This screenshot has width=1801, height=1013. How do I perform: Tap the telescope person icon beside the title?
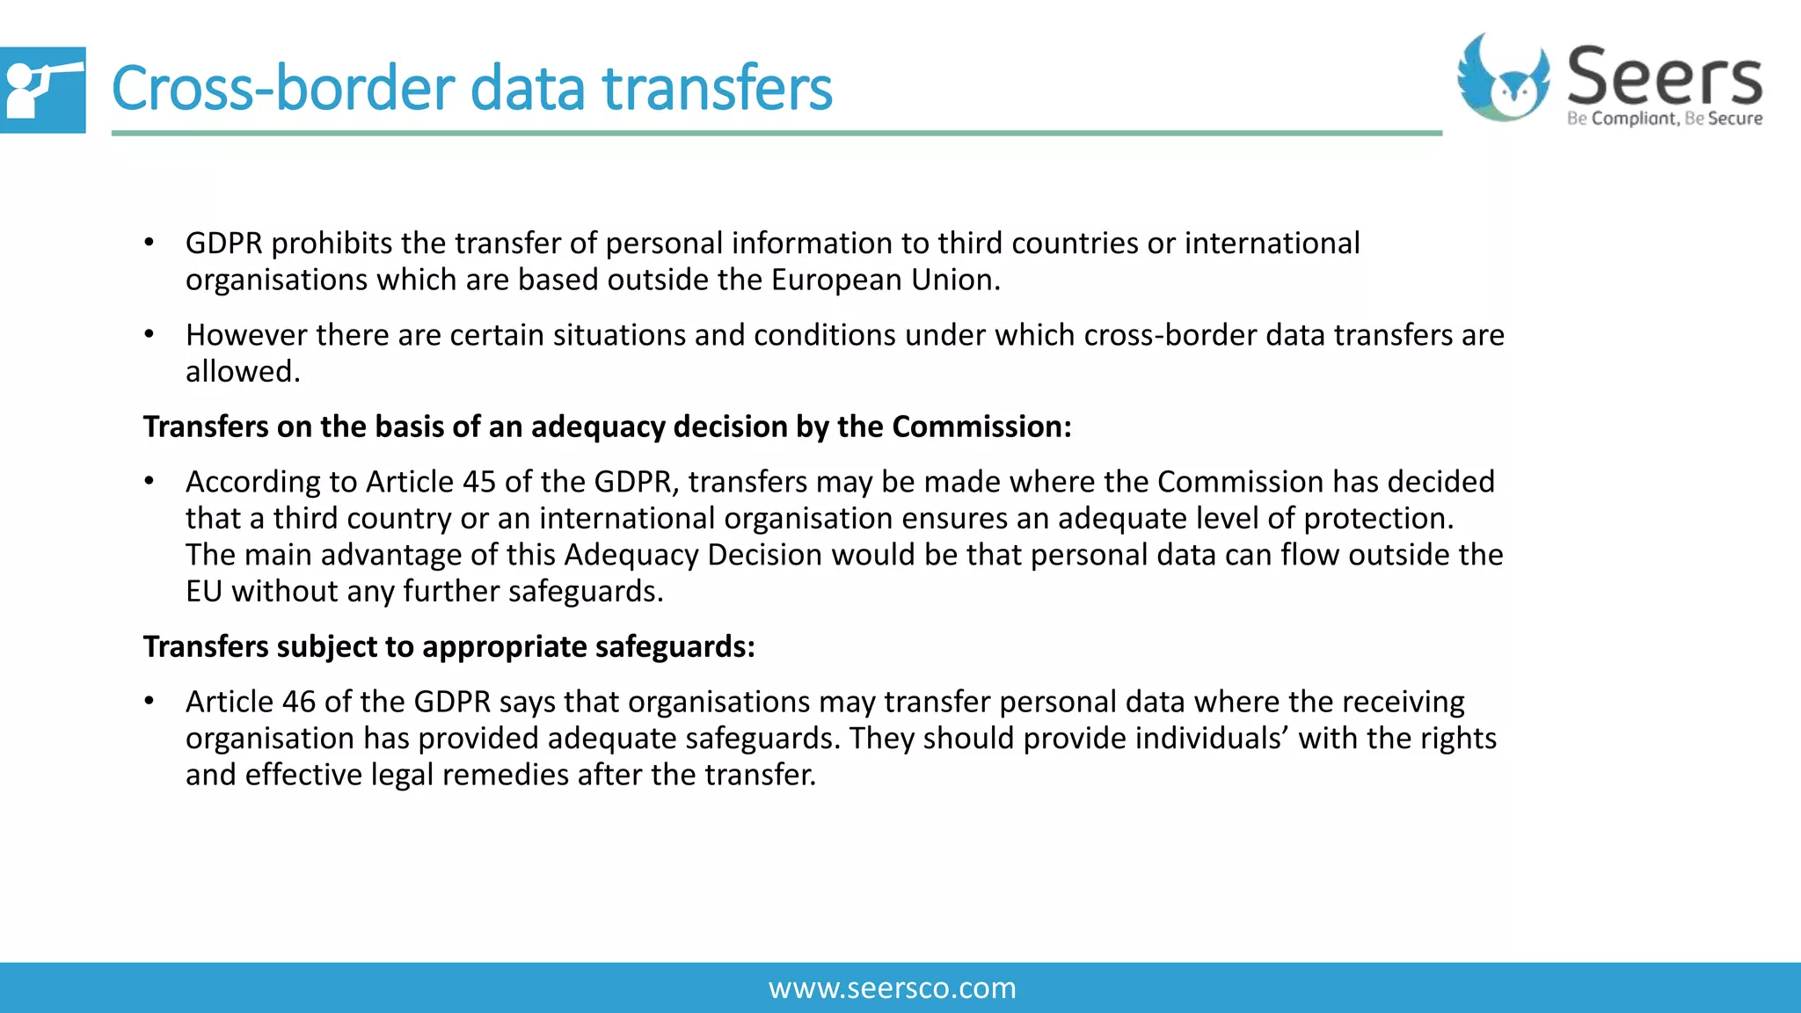pyautogui.click(x=41, y=90)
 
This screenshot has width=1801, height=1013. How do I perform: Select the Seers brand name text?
pyautogui.click(x=1665, y=77)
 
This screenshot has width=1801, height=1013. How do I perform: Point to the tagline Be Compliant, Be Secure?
pyautogui.click(x=1665, y=119)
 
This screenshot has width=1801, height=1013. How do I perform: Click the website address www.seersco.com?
pyautogui.click(x=892, y=988)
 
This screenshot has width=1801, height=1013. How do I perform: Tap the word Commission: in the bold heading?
pyautogui.click(x=981, y=426)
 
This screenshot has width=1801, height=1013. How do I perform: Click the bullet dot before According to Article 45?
pyautogui.click(x=149, y=481)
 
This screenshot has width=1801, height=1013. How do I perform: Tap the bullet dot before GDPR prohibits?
pyautogui.click(x=149, y=243)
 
